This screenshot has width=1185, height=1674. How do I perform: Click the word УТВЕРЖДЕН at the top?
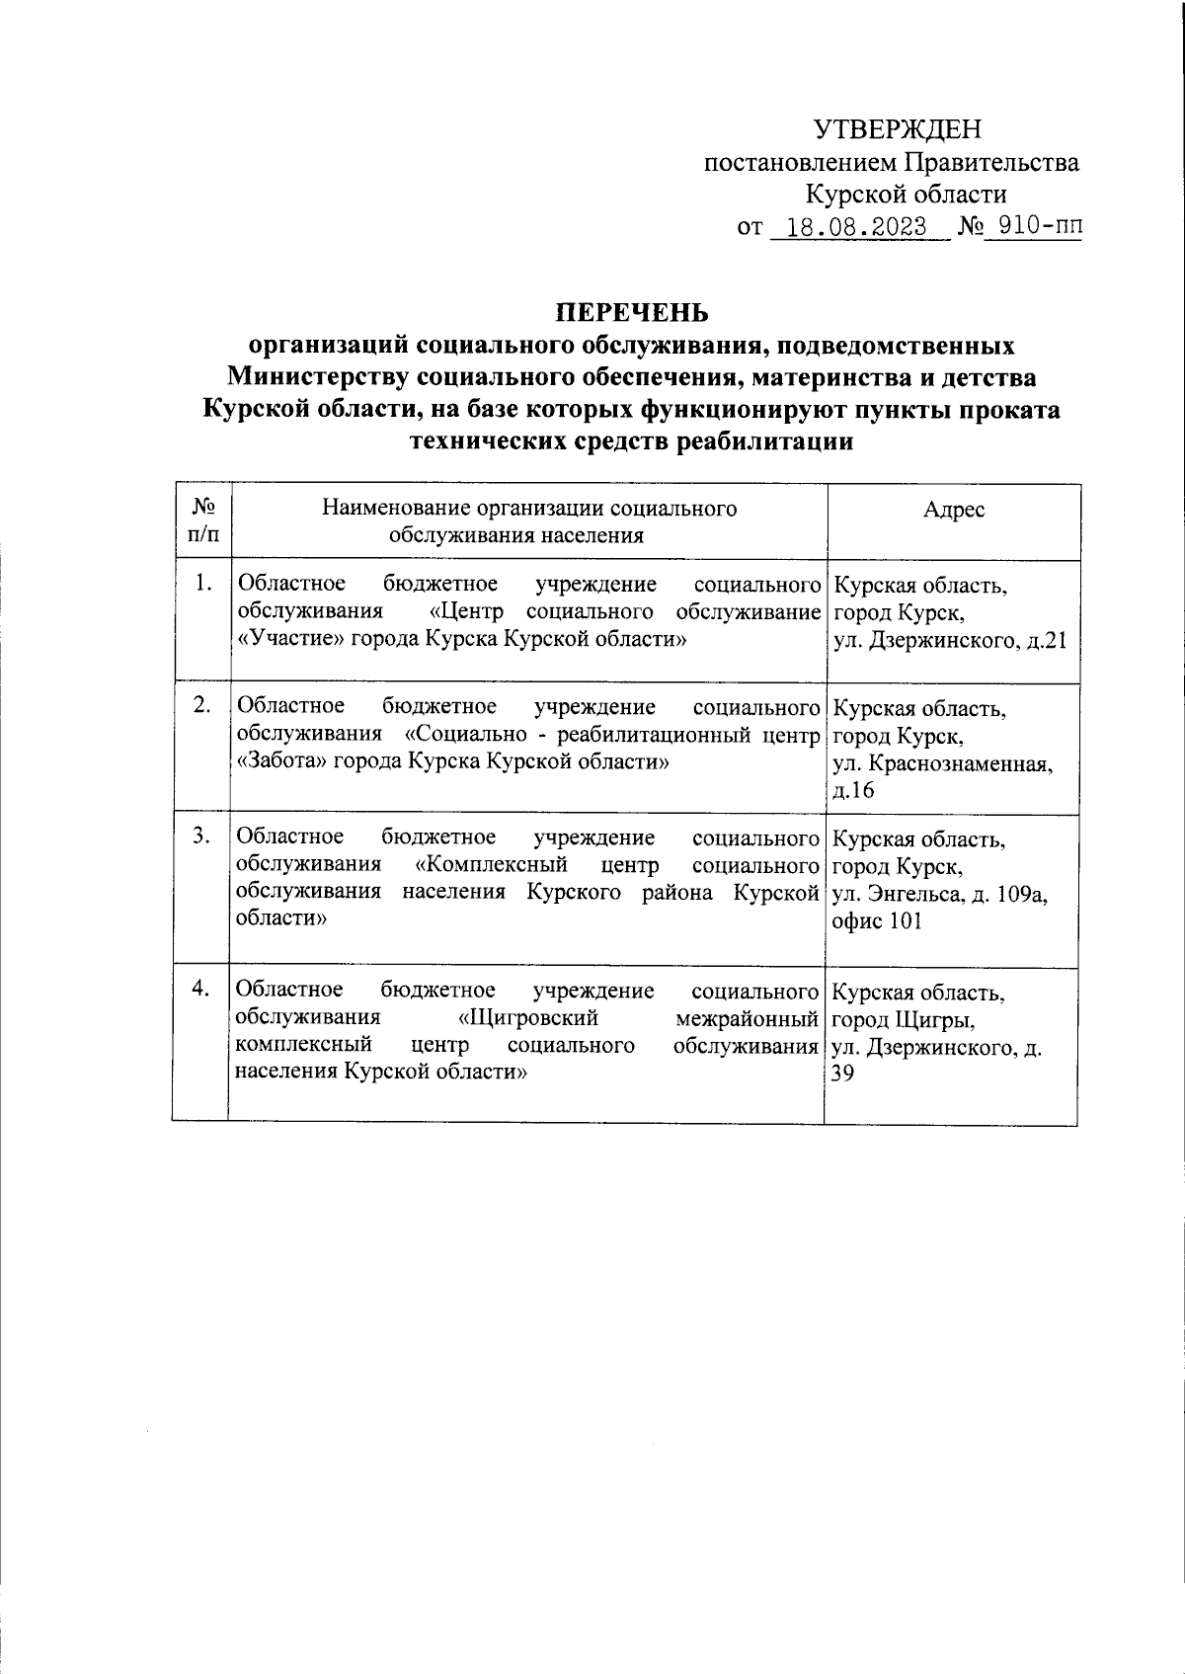pyautogui.click(x=898, y=129)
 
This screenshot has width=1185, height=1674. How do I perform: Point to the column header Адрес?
pyautogui.click(x=953, y=510)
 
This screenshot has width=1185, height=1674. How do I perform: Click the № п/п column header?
pyautogui.click(x=203, y=520)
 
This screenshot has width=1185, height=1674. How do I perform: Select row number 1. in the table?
pyautogui.click(x=202, y=584)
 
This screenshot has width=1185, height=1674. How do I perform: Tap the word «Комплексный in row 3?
pyautogui.click(x=492, y=865)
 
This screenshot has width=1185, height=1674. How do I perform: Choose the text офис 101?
pyautogui.click(x=877, y=921)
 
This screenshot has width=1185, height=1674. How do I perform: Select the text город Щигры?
pyautogui.click(x=904, y=1019)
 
